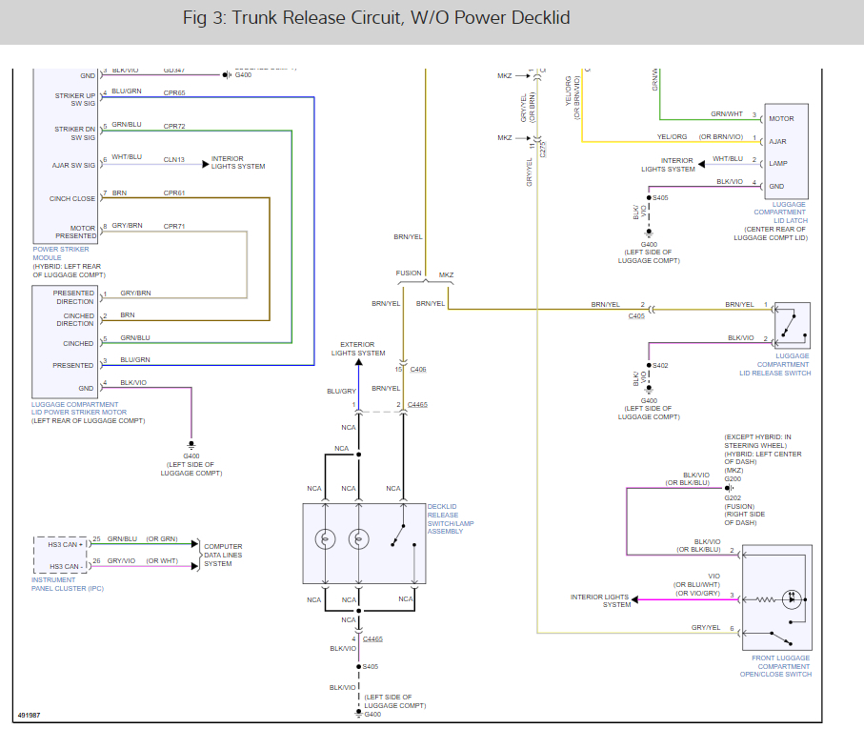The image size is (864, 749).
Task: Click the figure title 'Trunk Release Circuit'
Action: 314,18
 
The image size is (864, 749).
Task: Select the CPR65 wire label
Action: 174,92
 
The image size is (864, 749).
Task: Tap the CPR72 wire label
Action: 174,125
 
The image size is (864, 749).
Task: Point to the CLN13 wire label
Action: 174,159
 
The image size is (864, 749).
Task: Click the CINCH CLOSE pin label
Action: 72,198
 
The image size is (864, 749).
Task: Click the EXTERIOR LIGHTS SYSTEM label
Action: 358,348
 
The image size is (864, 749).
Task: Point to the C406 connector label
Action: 418,369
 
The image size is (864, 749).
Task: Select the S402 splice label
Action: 660,365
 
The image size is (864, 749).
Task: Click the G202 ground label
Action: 732,496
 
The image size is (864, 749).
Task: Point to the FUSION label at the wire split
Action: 409,273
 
